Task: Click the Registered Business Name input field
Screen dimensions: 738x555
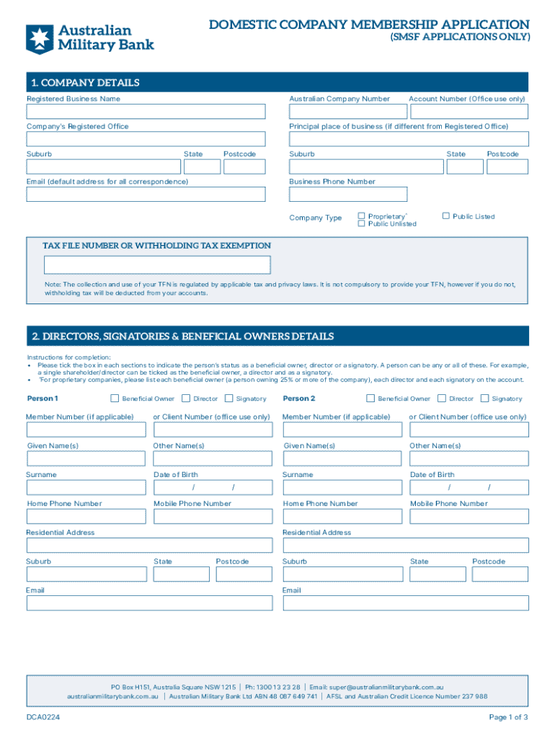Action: coord(146,112)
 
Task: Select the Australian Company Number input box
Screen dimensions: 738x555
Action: coord(346,112)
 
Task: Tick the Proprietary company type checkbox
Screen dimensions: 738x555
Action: coord(362,215)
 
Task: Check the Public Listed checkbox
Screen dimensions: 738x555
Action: coord(446,215)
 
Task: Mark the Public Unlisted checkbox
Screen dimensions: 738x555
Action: coord(362,223)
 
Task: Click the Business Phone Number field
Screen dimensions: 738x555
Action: coord(348,195)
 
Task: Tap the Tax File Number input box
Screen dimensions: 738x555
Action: coord(156,265)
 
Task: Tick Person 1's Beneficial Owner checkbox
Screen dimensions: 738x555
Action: coord(115,398)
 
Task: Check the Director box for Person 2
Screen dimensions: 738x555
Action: coord(442,398)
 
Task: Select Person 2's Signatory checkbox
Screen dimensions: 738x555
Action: coord(484,398)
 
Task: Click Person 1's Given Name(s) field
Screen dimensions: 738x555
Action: coord(86,458)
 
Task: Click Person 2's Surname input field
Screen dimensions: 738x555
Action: coord(343,488)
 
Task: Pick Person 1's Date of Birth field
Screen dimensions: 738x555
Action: coord(213,488)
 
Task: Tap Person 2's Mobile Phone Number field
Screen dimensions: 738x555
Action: coord(469,517)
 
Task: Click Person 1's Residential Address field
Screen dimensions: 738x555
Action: coord(149,546)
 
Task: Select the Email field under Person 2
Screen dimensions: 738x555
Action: coord(405,603)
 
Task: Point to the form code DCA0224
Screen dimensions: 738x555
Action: coord(43,717)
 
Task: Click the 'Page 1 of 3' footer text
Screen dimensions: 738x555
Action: coord(508,717)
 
